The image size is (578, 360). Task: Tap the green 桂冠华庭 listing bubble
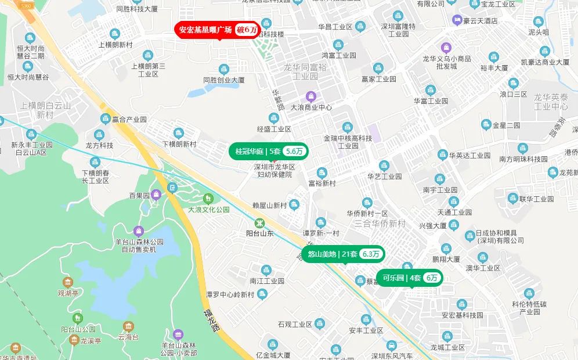[268, 151]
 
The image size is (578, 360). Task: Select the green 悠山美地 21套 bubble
[343, 254]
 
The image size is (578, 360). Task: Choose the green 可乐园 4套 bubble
[409, 278]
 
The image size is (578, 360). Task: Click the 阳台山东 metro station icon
[261, 222]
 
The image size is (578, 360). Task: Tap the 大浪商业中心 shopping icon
[311, 96]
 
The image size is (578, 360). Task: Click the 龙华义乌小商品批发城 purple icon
[446, 47]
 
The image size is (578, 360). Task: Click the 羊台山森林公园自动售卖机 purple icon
[139, 231]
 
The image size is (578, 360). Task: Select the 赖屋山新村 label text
[270, 205]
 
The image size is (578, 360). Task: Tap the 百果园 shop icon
[156, 195]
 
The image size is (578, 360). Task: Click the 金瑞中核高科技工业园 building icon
[348, 127]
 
